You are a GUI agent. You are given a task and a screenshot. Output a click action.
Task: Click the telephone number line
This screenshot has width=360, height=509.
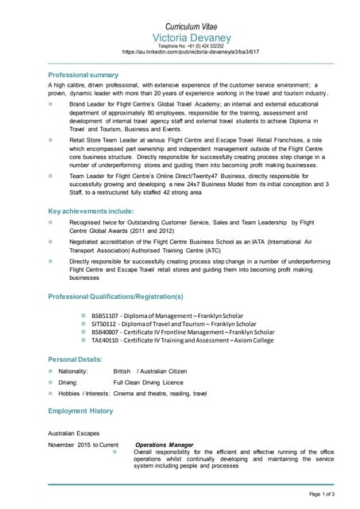(x=191, y=46)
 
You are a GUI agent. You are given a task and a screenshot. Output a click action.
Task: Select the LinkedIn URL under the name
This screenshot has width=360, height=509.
(x=191, y=52)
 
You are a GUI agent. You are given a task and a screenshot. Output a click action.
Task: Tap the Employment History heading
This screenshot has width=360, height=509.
(x=80, y=410)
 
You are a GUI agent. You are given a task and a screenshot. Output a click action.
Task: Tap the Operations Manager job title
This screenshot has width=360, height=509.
(x=164, y=444)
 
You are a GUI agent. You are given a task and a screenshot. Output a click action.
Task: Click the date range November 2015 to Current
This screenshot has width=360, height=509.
(x=83, y=444)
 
